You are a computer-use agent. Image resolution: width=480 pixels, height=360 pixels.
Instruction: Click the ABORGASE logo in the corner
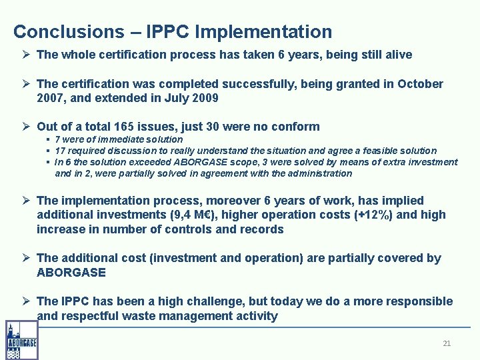21,340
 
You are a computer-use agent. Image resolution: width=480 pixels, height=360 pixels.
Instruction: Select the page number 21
447,343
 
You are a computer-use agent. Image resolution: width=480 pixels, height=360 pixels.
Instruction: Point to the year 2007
51,98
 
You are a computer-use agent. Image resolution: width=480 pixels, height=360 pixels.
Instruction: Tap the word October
420,84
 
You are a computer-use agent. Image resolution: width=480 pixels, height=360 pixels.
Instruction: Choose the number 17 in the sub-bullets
60,151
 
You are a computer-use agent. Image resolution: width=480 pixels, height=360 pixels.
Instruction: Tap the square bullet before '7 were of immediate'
49,139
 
